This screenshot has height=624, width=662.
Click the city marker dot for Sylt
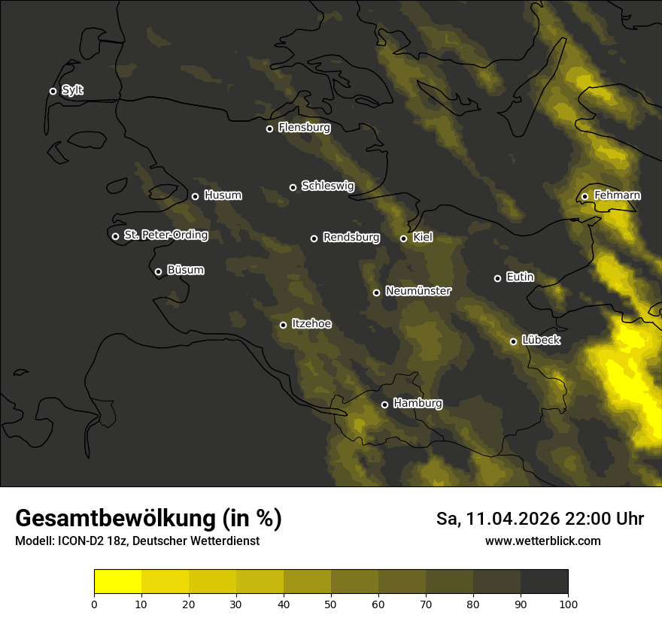[x=53, y=91]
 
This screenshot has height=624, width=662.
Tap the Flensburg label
[x=304, y=128]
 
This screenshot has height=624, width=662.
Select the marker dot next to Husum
[x=195, y=196]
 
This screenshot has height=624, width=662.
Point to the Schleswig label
[x=327, y=186]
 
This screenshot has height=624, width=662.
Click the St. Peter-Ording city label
[x=165, y=235]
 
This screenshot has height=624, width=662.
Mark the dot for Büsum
[x=158, y=272]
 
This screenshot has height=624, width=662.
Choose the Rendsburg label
[x=351, y=238]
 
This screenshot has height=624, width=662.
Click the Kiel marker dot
[x=403, y=238]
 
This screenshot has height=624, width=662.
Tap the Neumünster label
[x=418, y=291]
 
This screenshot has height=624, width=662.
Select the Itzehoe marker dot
[x=283, y=325]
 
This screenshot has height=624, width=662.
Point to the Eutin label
[x=520, y=277]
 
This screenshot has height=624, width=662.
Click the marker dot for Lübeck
[x=513, y=341]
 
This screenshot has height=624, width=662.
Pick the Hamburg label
[x=418, y=404]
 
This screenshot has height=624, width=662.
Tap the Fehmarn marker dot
[x=585, y=196]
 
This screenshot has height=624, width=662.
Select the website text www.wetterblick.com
[x=542, y=541]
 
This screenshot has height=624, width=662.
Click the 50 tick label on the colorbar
[x=331, y=603]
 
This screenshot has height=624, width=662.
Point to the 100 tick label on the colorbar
[x=568, y=603]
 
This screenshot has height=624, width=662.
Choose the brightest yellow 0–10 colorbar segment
[x=118, y=582]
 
